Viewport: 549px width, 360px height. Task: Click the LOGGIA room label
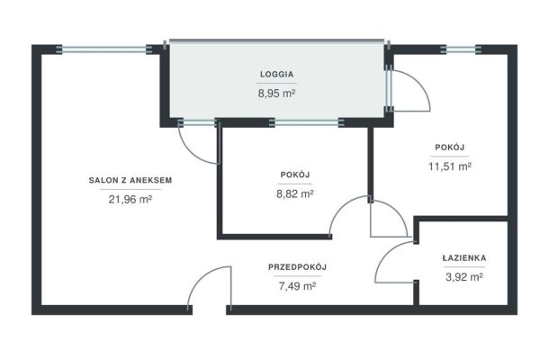[x=276, y=74]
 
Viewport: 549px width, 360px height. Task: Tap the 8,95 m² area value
[x=276, y=94]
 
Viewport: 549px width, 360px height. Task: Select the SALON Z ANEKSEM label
[x=130, y=180]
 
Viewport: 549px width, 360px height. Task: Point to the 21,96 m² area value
[x=130, y=199]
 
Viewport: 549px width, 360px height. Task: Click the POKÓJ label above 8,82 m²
[x=295, y=175]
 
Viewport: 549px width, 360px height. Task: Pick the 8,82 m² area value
[x=295, y=193]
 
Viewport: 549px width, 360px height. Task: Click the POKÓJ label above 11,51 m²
[x=450, y=147]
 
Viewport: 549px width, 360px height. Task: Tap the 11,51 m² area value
[x=450, y=166]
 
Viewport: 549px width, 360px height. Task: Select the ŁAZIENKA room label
[x=464, y=258]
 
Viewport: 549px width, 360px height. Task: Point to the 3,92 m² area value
[x=464, y=277]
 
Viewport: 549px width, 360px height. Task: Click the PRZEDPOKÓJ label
[x=297, y=267]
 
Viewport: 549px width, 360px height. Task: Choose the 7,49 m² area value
[x=297, y=286]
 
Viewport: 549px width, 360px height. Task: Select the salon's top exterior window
[x=104, y=49]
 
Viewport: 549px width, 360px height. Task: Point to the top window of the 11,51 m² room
[x=461, y=49]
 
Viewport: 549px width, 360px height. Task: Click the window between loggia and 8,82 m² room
[x=307, y=122]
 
